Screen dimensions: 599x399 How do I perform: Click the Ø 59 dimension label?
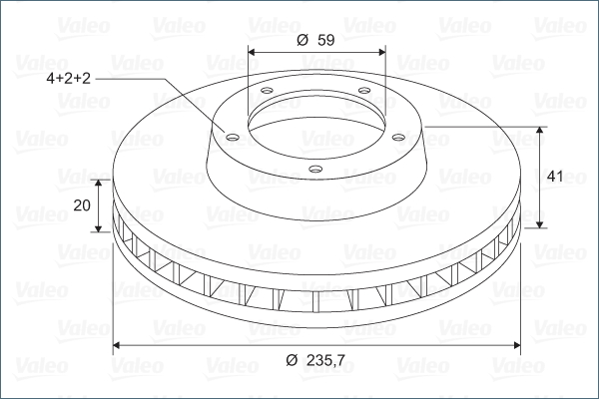(315, 40)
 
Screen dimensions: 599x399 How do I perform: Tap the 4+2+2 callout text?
(68, 78)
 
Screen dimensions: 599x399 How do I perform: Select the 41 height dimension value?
(555, 177)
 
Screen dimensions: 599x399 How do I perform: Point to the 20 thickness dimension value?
(82, 205)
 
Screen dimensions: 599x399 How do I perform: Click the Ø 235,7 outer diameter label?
(315, 360)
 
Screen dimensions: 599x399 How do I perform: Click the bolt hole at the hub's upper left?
(267, 91)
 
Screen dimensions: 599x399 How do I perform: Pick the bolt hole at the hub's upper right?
(364, 91)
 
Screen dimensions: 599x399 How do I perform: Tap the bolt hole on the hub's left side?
(233, 137)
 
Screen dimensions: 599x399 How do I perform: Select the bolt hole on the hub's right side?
(398, 137)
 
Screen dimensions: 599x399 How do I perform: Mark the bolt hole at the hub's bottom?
(315, 169)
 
